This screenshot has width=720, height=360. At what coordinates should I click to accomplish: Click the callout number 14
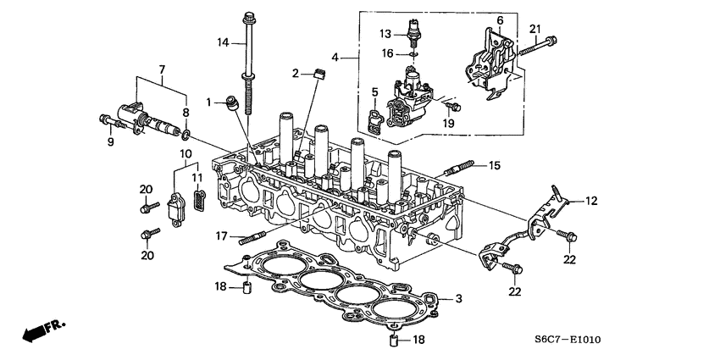tap(223, 42)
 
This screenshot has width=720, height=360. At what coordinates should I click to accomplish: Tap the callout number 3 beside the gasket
tap(458, 298)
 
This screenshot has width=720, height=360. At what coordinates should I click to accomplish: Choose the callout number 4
tap(336, 58)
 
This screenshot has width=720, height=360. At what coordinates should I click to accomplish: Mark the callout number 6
tap(499, 19)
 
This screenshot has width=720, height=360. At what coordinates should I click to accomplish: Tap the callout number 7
tap(162, 68)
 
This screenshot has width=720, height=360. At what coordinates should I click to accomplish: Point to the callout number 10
tap(183, 153)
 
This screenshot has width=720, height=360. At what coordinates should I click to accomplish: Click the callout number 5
tap(374, 91)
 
